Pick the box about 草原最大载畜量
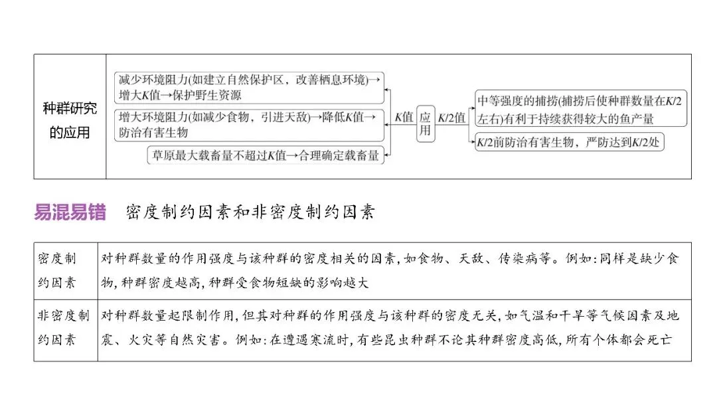click(266, 155)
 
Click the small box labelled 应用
click(425, 123)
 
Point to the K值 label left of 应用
click(404, 118)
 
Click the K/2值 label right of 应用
click(452, 118)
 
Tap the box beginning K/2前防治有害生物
click(569, 141)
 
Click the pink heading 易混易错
click(70, 212)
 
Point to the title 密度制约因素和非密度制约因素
click(250, 212)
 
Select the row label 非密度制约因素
click(64, 327)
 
